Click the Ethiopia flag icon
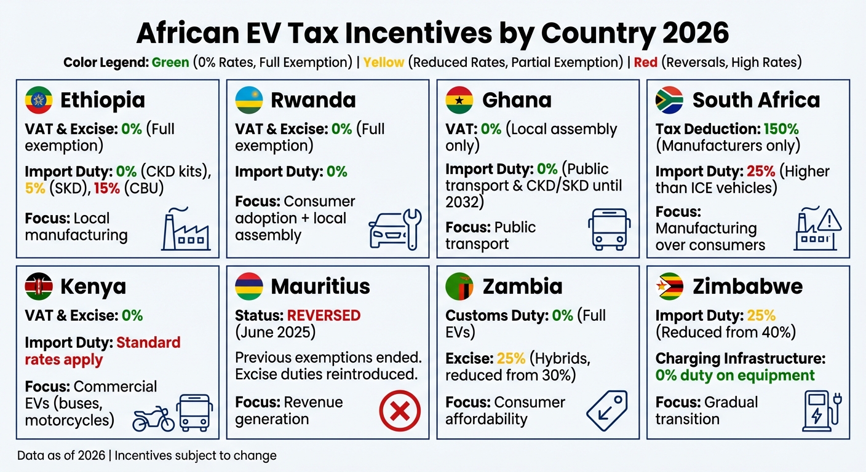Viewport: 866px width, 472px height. coord(39,100)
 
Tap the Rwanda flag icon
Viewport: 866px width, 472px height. coord(249,100)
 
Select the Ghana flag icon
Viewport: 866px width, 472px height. coord(459,100)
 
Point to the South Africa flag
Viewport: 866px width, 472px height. coord(670,100)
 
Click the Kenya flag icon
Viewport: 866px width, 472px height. coord(39,286)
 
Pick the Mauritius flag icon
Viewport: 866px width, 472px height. coord(249,286)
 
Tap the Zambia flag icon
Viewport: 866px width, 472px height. coord(459,286)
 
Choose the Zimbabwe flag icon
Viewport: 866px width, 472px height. coord(670,286)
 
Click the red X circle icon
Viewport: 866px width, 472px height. coord(400,411)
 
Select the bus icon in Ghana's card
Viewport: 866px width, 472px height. coord(608,229)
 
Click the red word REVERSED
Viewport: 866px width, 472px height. coord(324,315)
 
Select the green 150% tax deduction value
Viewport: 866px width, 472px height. coord(781,129)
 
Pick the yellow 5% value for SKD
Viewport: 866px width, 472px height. coord(35,188)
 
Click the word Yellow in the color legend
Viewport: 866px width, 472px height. coord(383,63)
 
